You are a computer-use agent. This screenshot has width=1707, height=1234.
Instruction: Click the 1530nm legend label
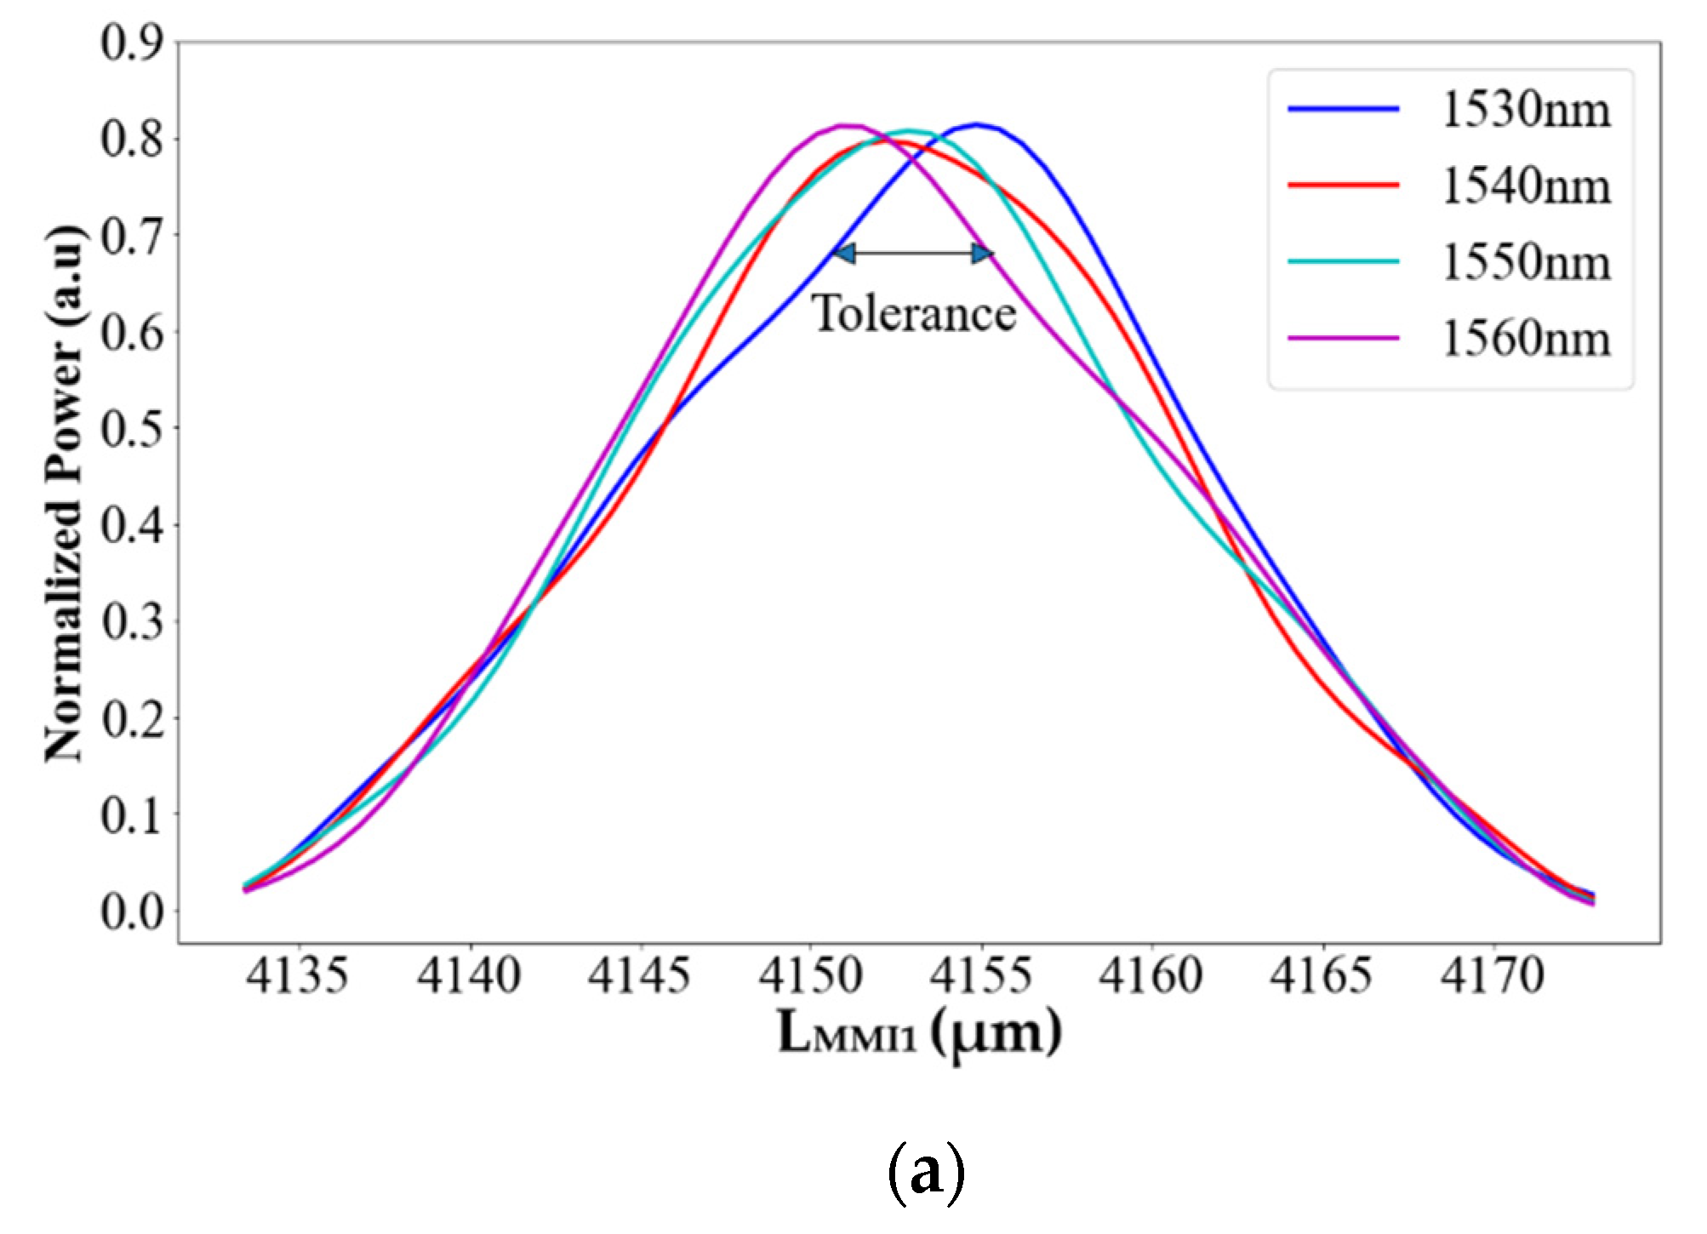tap(1526, 111)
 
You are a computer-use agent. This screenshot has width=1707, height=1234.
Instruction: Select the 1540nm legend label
tap(1526, 186)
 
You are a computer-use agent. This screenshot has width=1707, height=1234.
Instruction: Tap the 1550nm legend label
tap(1526, 262)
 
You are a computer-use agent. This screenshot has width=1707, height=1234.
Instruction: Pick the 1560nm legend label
tap(1526, 339)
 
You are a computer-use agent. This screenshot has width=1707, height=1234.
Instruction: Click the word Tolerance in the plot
tap(915, 313)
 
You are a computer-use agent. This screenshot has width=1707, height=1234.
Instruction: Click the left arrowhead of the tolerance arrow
tap(842, 253)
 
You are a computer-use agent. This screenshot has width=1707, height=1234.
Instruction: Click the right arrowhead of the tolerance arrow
tap(983, 253)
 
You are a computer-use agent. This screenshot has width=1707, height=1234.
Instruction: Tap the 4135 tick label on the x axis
tap(297, 976)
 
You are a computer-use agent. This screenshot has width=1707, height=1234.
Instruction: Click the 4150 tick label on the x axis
tap(810, 976)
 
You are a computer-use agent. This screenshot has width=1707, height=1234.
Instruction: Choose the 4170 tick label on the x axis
tap(1493, 976)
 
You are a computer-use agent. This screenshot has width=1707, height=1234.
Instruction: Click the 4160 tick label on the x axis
tap(1151, 976)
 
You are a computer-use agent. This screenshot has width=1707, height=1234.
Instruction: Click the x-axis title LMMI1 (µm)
tap(919, 1034)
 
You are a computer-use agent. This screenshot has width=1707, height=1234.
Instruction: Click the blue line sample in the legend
tap(1344, 109)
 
